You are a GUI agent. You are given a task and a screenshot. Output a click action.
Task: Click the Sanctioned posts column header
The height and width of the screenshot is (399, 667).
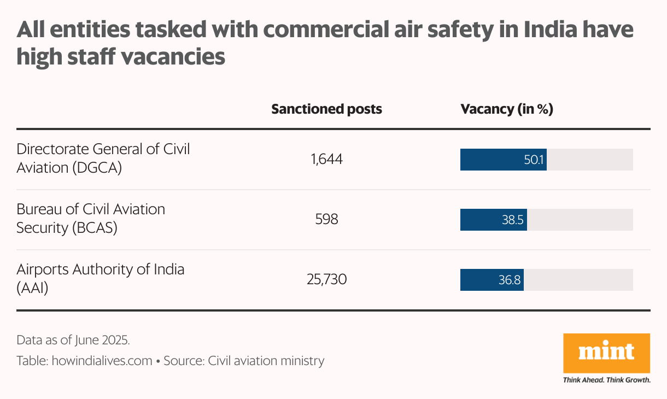tap(326, 109)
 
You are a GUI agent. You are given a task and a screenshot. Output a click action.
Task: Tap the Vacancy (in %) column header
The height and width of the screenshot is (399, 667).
tap(507, 109)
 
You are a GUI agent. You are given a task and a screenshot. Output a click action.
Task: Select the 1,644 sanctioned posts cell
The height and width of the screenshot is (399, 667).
tap(326, 160)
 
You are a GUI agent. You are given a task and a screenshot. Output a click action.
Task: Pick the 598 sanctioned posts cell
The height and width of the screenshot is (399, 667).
tap(326, 220)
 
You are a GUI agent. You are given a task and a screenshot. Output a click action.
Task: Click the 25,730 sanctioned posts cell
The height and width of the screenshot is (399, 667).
tap(326, 280)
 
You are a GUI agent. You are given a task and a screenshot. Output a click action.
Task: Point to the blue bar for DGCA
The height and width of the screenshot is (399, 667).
tap(492, 160)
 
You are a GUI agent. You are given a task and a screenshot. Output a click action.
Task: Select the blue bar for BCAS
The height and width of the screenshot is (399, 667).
tap(481, 220)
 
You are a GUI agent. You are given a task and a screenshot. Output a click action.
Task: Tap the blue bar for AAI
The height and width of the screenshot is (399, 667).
tap(478, 280)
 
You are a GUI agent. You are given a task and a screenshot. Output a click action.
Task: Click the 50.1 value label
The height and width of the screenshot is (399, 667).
tap(533, 160)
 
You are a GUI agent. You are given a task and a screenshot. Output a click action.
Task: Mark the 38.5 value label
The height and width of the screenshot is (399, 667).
tap(513, 220)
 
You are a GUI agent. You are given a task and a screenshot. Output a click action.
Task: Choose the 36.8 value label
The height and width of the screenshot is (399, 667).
tap(510, 280)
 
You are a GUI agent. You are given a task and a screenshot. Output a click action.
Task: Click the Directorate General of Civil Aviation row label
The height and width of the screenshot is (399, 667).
tap(103, 158)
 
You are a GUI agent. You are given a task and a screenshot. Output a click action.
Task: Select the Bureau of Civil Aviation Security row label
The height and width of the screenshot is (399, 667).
tap(90, 218)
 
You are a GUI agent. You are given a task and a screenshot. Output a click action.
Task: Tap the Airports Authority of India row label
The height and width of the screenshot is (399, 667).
tap(100, 278)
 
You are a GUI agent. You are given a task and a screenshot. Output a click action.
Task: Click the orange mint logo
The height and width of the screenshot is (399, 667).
tap(606, 353)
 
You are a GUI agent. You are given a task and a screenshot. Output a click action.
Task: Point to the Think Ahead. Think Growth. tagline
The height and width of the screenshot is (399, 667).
tap(606, 380)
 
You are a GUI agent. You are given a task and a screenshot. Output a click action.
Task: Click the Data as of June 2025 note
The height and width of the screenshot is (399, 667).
tap(73, 340)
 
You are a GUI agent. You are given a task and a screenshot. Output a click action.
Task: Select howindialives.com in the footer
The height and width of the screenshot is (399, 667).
tap(102, 361)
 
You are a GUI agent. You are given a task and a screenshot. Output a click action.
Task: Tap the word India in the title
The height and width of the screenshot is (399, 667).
tap(551, 30)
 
